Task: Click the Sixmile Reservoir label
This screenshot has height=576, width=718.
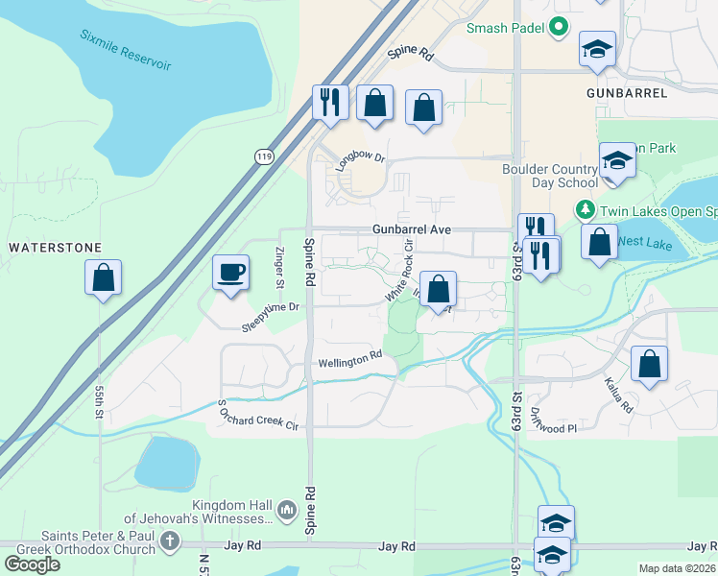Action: (127, 50)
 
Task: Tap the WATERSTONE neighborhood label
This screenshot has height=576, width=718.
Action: (55, 248)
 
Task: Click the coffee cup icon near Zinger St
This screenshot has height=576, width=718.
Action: (230, 274)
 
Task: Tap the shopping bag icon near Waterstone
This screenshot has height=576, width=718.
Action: (103, 278)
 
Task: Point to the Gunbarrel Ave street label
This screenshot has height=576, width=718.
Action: (412, 230)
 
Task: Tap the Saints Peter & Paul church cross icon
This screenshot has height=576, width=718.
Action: (170, 541)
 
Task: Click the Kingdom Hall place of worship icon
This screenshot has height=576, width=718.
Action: (285, 508)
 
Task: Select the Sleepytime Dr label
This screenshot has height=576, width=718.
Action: (272, 318)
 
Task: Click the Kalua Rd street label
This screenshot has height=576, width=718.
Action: (619, 393)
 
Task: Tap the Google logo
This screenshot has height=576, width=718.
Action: (33, 564)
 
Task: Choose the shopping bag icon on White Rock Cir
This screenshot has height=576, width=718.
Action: (438, 289)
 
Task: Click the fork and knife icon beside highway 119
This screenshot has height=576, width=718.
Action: (330, 101)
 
